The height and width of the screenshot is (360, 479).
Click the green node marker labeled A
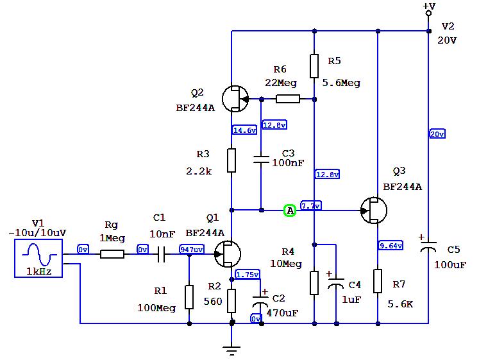point(289,210)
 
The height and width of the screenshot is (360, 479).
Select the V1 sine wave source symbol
point(38,258)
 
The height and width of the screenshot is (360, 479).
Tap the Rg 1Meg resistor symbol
point(112,254)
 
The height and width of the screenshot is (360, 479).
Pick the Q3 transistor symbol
point(373,210)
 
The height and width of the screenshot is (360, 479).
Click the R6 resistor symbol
point(287,99)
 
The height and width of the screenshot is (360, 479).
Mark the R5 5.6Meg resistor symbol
point(314,65)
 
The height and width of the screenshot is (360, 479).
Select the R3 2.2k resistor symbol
point(231,160)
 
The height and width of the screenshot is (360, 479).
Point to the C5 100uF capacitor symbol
point(428,246)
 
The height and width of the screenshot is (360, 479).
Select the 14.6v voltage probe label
point(244,130)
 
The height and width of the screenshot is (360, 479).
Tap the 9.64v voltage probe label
point(391,246)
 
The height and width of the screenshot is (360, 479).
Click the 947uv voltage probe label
point(192,250)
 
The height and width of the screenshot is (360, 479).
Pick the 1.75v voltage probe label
point(247,275)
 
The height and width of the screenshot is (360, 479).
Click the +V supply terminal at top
point(428,12)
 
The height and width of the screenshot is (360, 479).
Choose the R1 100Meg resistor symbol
point(189,297)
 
